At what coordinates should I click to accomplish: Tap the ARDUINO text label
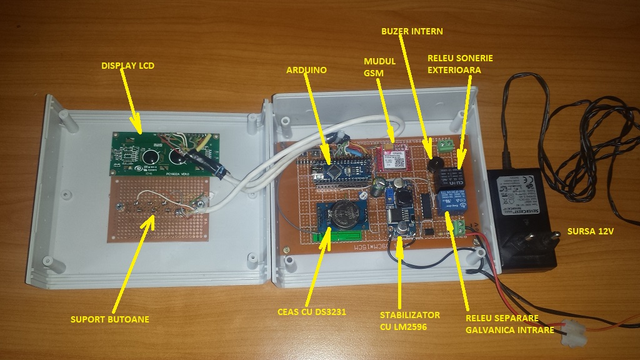(307, 70)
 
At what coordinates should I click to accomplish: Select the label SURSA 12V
(591, 232)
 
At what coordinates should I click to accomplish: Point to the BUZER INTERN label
(412, 31)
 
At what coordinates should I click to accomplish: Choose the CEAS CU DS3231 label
(312, 311)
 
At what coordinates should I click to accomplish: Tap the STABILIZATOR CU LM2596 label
(409, 320)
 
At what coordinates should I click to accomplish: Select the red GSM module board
(393, 159)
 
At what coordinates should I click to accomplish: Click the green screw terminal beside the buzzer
(446, 147)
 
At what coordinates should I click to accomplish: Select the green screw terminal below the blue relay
(456, 227)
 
